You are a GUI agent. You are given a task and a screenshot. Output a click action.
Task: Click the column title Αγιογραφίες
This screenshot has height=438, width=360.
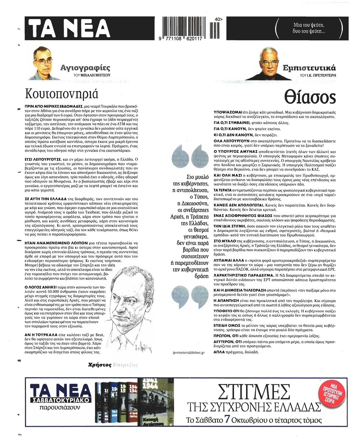(85, 67)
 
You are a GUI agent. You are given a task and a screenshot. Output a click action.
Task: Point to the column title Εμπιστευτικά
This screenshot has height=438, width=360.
(309, 67)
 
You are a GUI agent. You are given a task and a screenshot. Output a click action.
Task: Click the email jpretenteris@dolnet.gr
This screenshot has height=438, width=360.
(186, 352)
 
